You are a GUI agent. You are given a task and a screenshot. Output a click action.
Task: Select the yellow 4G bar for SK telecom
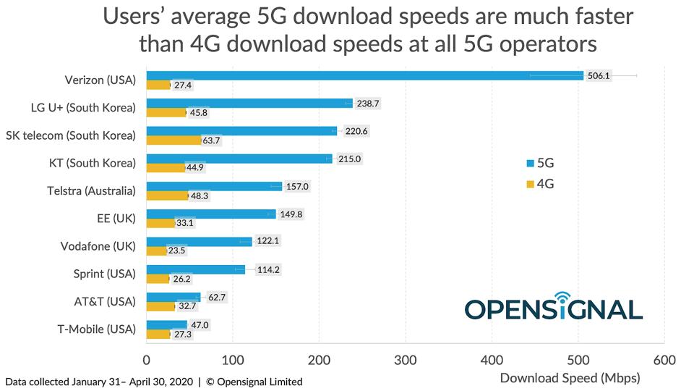173,140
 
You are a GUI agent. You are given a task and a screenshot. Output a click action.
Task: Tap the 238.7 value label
368,104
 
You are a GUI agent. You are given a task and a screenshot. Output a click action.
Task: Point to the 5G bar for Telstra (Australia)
214,186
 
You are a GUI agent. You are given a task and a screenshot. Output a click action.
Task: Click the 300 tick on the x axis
406,360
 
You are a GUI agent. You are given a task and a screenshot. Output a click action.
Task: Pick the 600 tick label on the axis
664,360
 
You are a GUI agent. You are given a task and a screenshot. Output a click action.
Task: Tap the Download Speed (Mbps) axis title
570,377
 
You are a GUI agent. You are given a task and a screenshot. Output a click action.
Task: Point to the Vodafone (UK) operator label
98,246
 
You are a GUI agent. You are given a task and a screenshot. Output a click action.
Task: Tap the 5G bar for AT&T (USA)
173,296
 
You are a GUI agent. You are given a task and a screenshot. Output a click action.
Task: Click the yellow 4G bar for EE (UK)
160,223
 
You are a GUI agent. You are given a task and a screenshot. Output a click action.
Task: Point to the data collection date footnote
153,382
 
